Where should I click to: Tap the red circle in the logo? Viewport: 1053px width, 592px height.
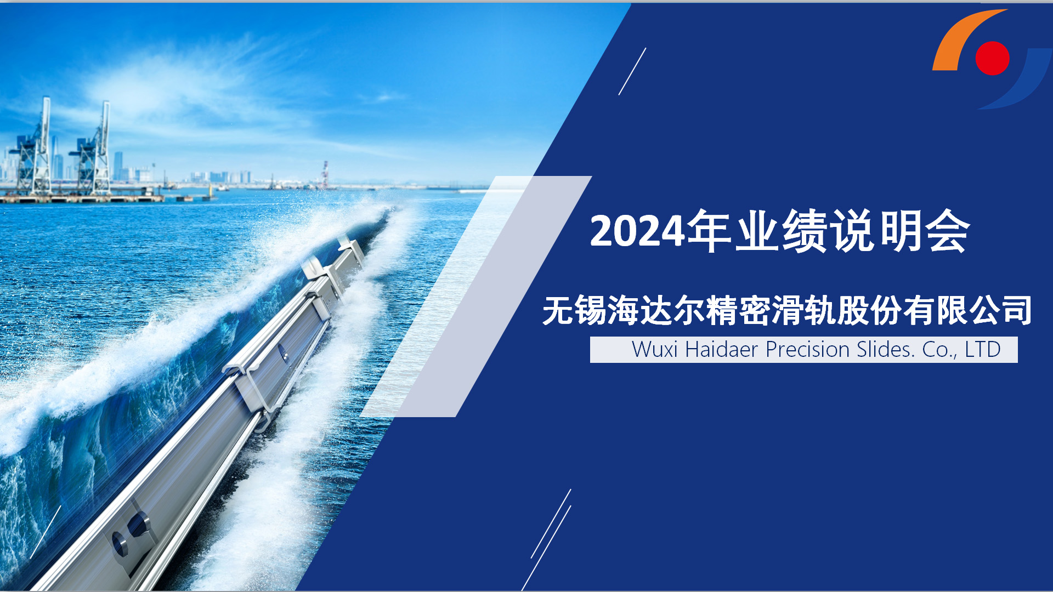tap(992, 58)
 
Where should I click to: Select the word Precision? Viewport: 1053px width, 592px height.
tap(807, 350)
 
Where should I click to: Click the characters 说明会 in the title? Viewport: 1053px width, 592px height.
tap(899, 231)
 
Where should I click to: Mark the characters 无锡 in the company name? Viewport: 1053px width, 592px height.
tap(574, 310)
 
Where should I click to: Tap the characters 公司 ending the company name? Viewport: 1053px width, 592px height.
tap(1001, 310)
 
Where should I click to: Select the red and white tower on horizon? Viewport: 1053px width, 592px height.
tap(325, 174)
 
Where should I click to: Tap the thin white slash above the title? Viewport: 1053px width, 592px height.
tap(632, 71)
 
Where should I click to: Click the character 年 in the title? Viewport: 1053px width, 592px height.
tap(709, 231)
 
